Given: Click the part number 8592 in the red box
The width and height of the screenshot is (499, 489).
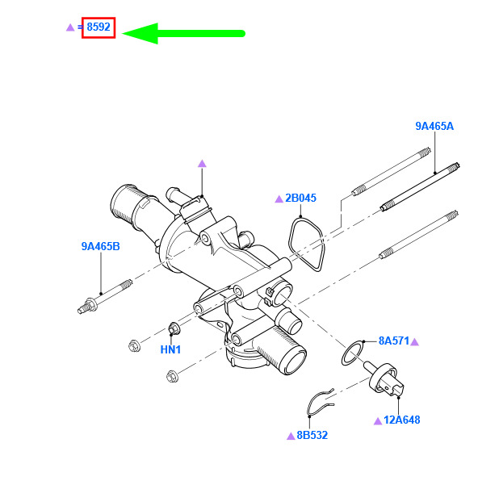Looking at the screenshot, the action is pos(99,27).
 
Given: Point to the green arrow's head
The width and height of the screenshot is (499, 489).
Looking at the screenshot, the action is pos(140,33).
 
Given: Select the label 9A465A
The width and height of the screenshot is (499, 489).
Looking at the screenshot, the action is pos(434,126).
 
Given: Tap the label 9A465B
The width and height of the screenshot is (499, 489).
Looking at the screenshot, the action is pos(101,246).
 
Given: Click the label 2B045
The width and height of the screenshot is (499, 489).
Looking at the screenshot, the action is pos(300,198).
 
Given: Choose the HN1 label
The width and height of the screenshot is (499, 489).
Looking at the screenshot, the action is pos(170,349).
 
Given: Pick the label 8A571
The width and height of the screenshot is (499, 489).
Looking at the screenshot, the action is pos(394,341).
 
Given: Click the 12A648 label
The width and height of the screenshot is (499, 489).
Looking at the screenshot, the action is pos(402,420).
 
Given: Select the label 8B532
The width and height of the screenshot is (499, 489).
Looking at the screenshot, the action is pos(312,435).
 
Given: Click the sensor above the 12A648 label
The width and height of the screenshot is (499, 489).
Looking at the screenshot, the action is pos(384,379).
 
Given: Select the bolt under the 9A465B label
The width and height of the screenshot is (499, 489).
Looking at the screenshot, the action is pos(104,297).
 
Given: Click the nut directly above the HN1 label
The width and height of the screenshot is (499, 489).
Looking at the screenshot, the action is pos(174,328).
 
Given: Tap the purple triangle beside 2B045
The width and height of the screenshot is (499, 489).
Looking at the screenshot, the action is pos(279,199).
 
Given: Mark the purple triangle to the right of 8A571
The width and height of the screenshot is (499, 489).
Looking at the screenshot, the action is pos(415,342).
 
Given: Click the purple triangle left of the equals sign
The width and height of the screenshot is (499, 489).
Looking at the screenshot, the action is pos(70,27).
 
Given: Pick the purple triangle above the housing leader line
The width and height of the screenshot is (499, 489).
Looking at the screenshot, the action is pos(202,164).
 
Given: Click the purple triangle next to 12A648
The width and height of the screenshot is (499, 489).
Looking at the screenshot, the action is pos(378,421).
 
